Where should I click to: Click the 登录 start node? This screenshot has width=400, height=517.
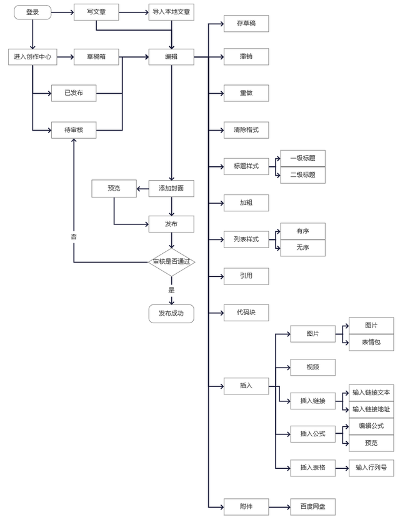click(x=32, y=12)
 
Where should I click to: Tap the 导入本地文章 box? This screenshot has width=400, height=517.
click(x=171, y=12)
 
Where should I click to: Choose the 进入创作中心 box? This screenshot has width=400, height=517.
click(x=32, y=57)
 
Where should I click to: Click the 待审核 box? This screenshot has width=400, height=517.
click(x=74, y=130)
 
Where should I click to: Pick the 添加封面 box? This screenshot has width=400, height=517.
click(x=171, y=188)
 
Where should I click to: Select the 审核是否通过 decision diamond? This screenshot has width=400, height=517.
click(x=171, y=262)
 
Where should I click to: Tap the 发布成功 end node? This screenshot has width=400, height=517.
click(x=171, y=313)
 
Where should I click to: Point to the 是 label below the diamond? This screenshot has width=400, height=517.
click(x=171, y=290)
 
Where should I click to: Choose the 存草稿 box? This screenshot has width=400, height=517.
click(x=246, y=24)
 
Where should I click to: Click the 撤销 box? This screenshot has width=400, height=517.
click(x=246, y=57)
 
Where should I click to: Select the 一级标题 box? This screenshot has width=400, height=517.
click(x=302, y=158)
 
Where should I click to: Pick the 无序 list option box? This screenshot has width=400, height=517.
click(x=302, y=248)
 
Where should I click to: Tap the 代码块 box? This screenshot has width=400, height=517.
click(x=246, y=312)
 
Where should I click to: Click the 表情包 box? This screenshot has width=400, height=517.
click(x=371, y=343)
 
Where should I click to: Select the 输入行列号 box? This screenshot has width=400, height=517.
click(x=371, y=467)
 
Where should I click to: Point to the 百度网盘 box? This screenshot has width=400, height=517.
click(x=312, y=506)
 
